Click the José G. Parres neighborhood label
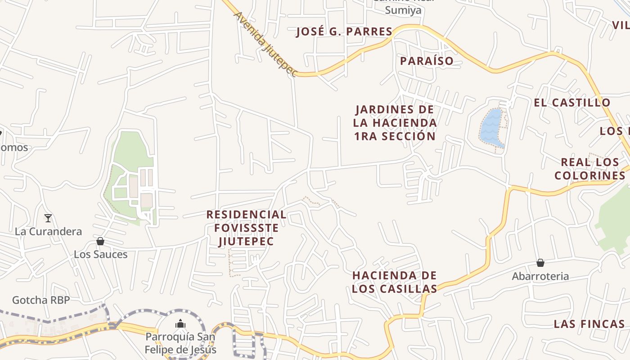click(x=344, y=32)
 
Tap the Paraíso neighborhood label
click(x=427, y=61)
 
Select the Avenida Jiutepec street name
click(x=265, y=44)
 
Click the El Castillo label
click(x=572, y=103)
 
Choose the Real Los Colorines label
click(x=590, y=169)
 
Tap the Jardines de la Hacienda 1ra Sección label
click(x=395, y=123)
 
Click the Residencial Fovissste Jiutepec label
click(x=246, y=228)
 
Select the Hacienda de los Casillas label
click(x=395, y=282)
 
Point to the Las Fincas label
click(x=589, y=324)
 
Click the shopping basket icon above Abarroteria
click(x=540, y=263)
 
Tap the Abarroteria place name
click(x=540, y=276)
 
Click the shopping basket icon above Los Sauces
click(x=100, y=242)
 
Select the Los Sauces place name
click(x=101, y=255)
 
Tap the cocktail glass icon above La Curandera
click(x=48, y=219)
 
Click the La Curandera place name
click(x=49, y=232)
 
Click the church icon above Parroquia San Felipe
click(x=180, y=324)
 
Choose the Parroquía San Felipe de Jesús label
click(x=180, y=343)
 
